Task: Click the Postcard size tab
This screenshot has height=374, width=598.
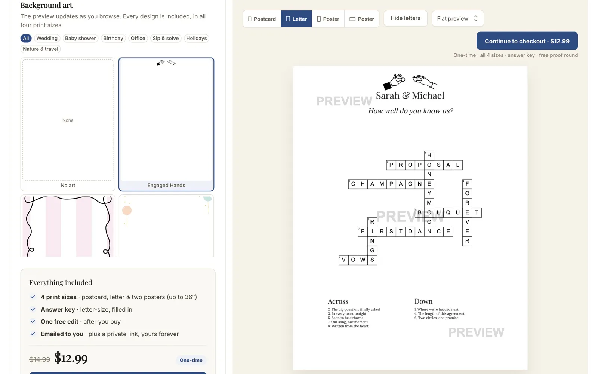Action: click(x=262, y=19)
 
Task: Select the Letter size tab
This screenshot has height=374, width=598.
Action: click(x=296, y=19)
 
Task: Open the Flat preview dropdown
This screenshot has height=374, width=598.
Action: click(x=457, y=18)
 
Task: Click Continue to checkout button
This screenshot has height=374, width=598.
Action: click(x=527, y=41)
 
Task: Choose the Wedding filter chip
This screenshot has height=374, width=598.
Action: click(x=47, y=38)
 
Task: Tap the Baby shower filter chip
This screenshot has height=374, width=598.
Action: click(x=80, y=38)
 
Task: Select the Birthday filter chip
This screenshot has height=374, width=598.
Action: click(x=113, y=38)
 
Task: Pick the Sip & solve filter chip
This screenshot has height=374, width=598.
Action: click(x=166, y=38)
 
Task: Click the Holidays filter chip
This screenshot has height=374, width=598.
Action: click(x=197, y=38)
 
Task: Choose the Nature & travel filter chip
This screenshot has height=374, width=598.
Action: click(x=41, y=49)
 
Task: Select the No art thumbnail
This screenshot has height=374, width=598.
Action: click(x=68, y=124)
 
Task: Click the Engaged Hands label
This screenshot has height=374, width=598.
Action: click(x=166, y=185)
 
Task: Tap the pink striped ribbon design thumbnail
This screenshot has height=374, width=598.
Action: click(x=68, y=226)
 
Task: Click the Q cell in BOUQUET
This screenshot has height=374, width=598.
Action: click(x=448, y=212)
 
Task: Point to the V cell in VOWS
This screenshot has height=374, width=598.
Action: click(x=343, y=260)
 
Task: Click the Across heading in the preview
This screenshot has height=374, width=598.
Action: click(x=338, y=301)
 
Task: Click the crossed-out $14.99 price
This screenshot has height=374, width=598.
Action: click(x=40, y=359)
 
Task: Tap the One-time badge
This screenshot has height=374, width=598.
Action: click(x=191, y=360)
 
